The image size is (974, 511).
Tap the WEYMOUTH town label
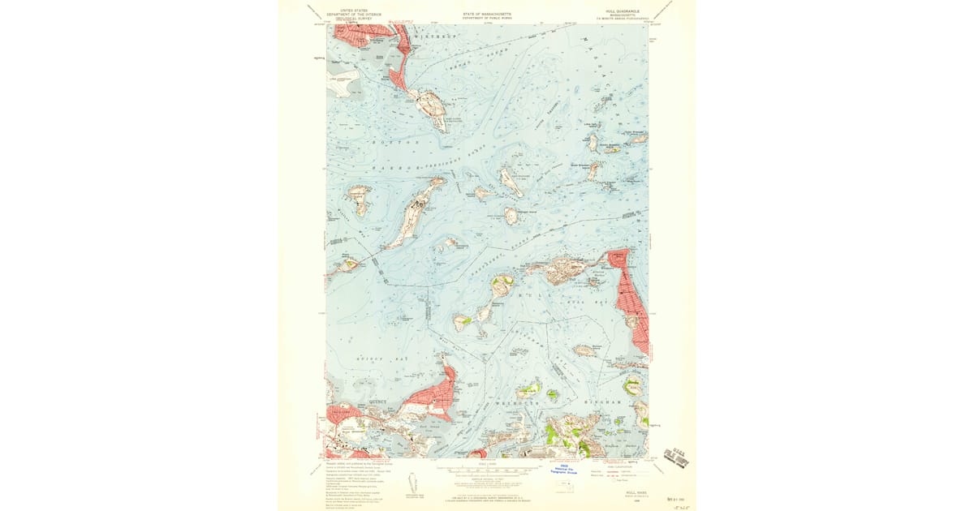tap(520, 401)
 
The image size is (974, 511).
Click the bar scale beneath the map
tap(487, 469)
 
